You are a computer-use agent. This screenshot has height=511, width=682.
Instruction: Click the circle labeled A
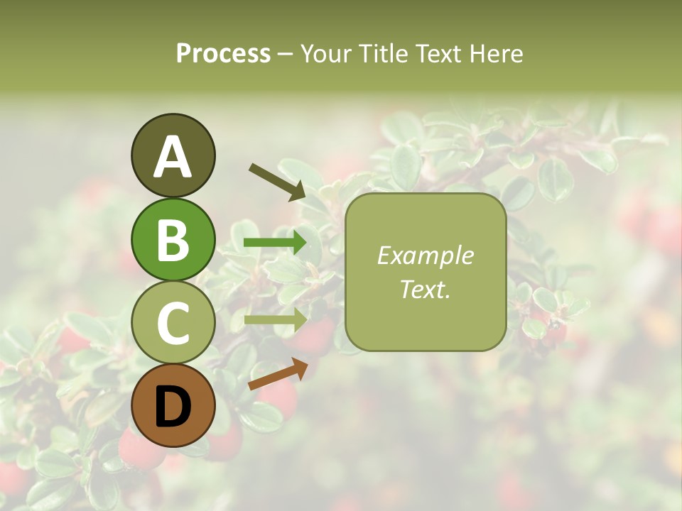click(173, 155)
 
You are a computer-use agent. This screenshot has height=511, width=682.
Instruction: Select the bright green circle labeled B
click(173, 239)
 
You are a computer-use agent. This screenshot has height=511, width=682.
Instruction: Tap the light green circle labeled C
click(173, 322)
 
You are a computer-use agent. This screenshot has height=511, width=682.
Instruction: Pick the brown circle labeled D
click(173, 405)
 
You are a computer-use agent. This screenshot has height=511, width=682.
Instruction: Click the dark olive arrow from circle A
click(277, 182)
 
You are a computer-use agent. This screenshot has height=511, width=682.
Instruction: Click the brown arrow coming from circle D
click(278, 374)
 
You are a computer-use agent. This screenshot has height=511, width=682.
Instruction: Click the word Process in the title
click(223, 54)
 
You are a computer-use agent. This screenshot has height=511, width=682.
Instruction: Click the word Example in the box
click(425, 255)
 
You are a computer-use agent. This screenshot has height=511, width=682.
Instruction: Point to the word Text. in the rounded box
click(425, 289)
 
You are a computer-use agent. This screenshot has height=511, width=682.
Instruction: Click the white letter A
click(173, 157)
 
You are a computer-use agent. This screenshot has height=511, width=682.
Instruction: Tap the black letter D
click(173, 406)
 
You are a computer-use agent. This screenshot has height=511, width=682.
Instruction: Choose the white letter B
click(173, 240)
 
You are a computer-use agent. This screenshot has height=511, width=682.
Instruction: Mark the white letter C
click(173, 323)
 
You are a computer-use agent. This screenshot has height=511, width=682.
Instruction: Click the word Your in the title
click(327, 54)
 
